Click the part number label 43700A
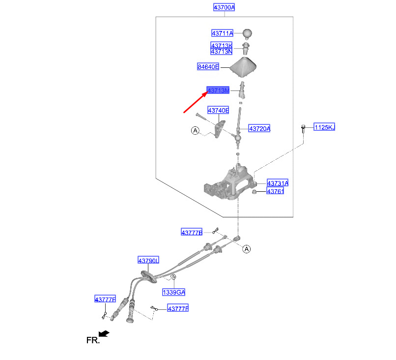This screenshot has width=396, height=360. pos(224,7)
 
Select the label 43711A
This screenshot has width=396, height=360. pos(222,33)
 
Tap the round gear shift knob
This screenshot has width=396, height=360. pos(247,33)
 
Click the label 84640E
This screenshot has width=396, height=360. pos(208,67)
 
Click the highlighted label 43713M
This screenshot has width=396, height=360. pos(218,90)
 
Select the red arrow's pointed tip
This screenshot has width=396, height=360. pos(208,91)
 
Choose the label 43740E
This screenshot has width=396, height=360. pos(218,110)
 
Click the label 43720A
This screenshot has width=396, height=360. pos(259,128)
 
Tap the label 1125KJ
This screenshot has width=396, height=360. pos(324,127)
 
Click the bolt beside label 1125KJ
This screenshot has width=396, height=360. pos(303,129)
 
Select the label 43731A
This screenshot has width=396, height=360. pos(278,183)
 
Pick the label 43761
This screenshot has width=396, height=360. pos(275,191)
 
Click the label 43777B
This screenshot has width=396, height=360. pos(192,232)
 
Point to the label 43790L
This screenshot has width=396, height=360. pos(148,260)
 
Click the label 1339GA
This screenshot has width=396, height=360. pos(174,292)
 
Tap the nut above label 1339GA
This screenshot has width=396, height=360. pos(173,277)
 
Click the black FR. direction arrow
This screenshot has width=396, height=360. pos(104,334)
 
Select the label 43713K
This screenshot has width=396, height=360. pos(221,45)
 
